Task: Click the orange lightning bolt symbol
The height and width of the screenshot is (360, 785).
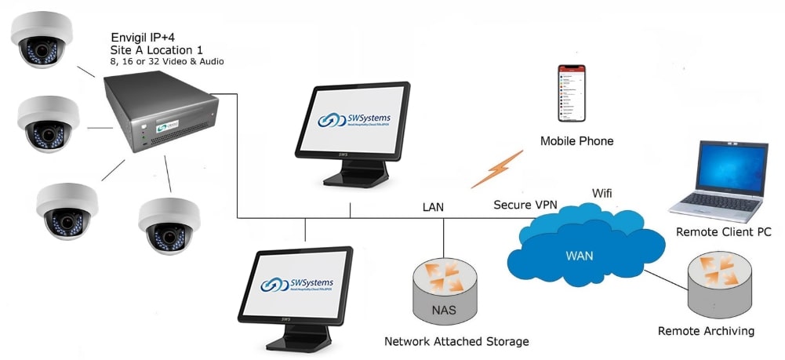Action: (x=496, y=169)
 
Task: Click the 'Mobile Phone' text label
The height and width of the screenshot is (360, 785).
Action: (x=576, y=141)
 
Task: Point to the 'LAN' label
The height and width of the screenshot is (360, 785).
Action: (x=433, y=207)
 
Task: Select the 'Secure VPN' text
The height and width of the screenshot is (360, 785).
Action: (x=525, y=205)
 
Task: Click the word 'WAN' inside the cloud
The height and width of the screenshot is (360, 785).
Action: (x=579, y=255)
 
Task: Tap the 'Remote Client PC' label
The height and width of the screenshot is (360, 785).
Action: (x=723, y=232)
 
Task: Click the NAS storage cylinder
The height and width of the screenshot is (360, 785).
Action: (x=443, y=290)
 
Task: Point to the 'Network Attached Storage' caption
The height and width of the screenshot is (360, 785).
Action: (x=456, y=341)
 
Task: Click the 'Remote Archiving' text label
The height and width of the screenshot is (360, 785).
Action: (x=706, y=331)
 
